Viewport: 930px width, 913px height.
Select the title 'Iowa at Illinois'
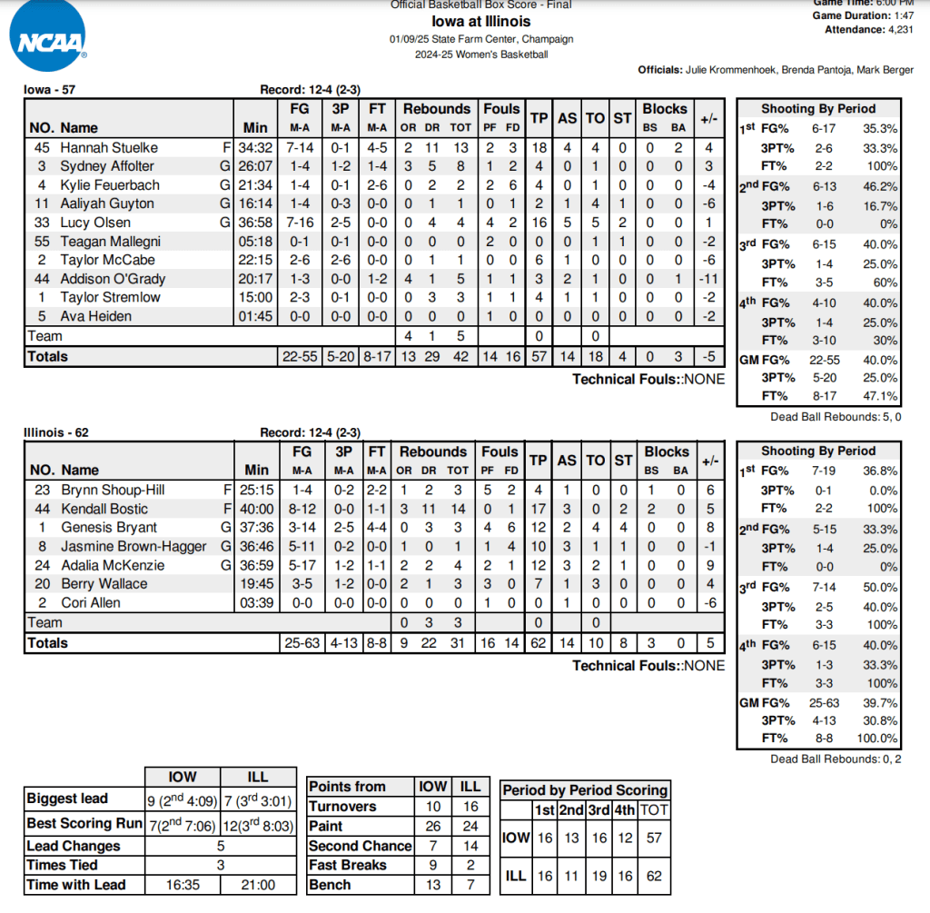click(x=481, y=22)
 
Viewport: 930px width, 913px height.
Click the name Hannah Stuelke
click(x=109, y=147)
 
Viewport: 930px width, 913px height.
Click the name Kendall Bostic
click(x=104, y=509)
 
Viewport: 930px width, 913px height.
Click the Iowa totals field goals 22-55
click(x=300, y=357)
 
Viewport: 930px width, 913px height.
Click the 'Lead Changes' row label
click(x=74, y=846)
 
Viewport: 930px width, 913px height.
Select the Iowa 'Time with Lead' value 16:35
click(x=182, y=885)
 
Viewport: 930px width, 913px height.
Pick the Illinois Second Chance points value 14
click(x=470, y=846)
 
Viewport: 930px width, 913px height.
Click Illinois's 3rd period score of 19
click(x=598, y=878)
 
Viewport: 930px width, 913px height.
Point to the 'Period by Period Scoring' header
click(x=585, y=790)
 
